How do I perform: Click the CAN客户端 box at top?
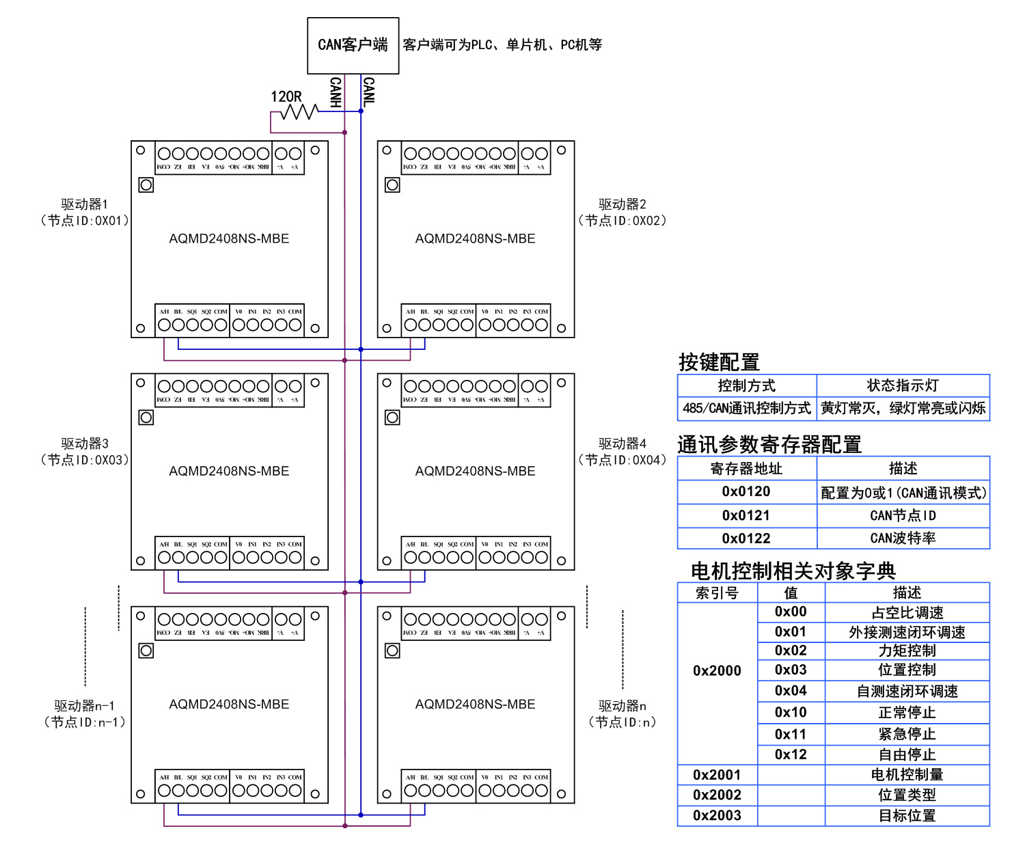353,45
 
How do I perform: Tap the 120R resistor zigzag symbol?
301,111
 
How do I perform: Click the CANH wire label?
336,92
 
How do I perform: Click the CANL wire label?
369,92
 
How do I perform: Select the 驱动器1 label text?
84,204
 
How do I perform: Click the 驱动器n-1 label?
84,706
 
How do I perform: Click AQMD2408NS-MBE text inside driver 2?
475,238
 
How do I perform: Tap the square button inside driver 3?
146,418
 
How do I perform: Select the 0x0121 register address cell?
746,515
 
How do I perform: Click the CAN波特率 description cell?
903,538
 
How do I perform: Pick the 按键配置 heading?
719,362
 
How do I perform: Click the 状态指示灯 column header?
903,385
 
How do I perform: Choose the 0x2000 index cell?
717,670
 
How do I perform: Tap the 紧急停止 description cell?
907,734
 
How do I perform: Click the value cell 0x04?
791,691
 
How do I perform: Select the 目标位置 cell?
907,815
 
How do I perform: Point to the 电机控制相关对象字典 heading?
793,571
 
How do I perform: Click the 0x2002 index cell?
717,795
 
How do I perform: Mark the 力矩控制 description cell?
907,651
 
